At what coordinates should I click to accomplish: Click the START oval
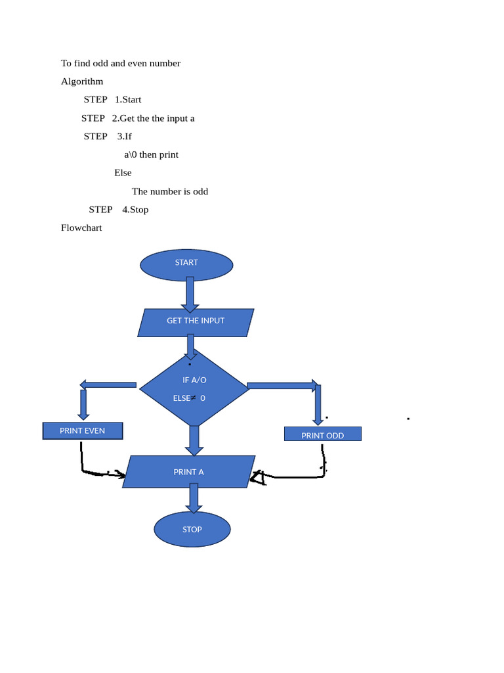pos(186,264)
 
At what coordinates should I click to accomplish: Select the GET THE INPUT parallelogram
pos(196,322)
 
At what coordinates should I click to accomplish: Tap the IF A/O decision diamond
pos(194,388)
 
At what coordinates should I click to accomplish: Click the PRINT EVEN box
pos(83,431)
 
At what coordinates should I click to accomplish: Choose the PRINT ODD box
pos(322,434)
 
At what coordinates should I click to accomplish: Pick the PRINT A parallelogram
pos(189,472)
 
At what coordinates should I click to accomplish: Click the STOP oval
pos(192,529)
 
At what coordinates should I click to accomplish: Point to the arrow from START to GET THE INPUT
pos(190,294)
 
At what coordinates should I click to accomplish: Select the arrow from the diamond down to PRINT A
pos(194,440)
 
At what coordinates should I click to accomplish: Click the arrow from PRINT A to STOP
pos(193,498)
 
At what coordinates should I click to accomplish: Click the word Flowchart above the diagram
pos(81,228)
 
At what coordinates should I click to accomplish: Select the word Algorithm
pos(82,81)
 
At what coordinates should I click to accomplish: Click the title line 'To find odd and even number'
pos(121,63)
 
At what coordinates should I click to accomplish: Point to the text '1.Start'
pos(128,100)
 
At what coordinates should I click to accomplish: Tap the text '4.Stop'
pos(135,210)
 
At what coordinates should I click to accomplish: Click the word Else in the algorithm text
pos(123,173)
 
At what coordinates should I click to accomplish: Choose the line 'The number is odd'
pos(170,191)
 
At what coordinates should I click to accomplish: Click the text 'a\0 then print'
pos(151,154)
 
